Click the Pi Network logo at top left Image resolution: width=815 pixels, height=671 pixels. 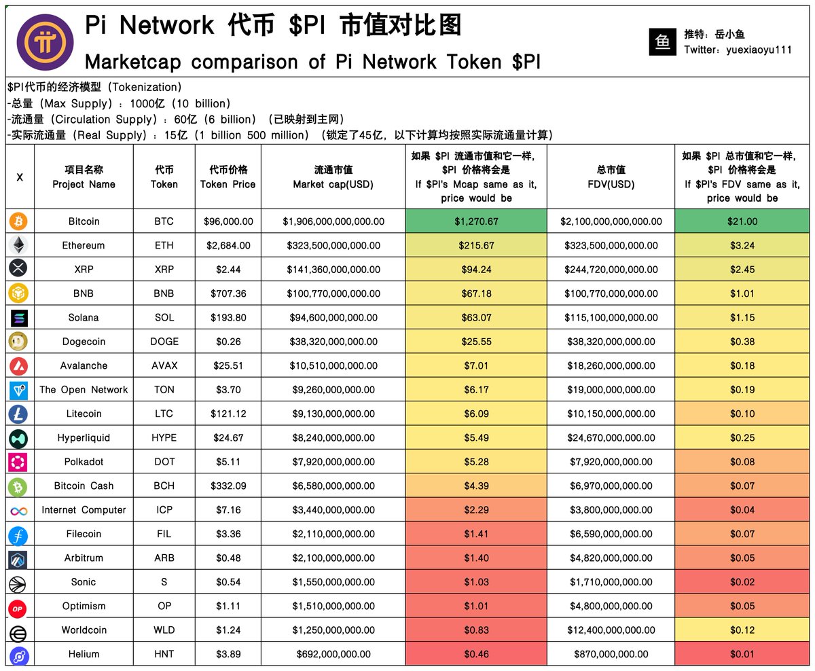46,42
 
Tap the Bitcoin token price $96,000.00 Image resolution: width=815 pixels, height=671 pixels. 228,221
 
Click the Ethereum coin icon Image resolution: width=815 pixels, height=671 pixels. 19,245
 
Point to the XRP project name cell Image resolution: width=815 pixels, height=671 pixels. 84,270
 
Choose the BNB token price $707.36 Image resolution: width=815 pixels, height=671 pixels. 228,293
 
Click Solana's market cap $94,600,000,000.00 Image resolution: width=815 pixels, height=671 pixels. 333,318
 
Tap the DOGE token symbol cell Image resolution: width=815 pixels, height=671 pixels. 164,342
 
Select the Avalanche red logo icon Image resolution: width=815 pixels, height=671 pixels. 19,366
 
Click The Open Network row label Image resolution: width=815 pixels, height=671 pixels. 84,390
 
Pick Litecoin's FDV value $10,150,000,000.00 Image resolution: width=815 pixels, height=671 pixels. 611,414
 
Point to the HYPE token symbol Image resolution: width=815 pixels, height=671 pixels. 164,438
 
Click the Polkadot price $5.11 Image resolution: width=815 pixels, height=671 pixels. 228,462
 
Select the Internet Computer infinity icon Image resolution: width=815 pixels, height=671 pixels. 19,510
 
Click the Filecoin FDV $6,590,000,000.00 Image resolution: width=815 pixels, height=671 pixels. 611,534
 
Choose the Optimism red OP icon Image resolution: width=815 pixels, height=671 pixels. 19,606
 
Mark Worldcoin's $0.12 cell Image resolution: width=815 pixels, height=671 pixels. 742,630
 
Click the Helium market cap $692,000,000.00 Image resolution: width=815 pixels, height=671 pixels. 333,654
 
